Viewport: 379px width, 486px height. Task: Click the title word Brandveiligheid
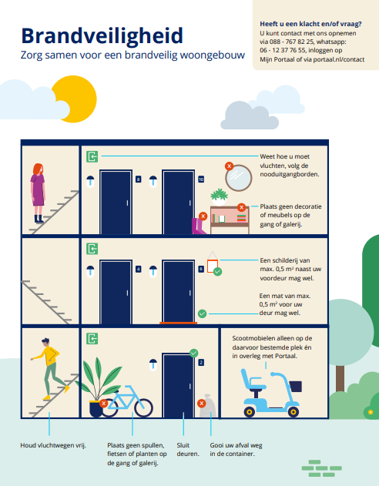pos(102,36)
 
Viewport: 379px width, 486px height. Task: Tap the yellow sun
pos(78,98)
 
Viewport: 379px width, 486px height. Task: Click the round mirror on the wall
pos(239,178)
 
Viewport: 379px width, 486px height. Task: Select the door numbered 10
pos(179,202)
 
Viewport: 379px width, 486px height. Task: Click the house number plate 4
pos(139,269)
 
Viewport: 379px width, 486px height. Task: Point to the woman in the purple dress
pos(38,193)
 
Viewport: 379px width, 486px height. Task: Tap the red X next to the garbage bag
pos(201,404)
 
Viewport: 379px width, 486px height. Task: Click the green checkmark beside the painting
pos(217,272)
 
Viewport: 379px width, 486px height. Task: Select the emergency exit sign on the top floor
pos(92,156)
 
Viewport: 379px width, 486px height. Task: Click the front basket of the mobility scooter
pos(295,386)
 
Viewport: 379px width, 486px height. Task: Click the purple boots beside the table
pos(199,226)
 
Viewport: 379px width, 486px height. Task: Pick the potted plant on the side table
pos(219,197)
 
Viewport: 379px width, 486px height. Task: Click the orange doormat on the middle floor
pos(178,323)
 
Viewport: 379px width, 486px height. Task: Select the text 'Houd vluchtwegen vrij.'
pos(53,445)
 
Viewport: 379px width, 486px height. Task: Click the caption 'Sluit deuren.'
pos(188,450)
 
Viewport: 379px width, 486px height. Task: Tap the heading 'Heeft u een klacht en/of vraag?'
pos(310,24)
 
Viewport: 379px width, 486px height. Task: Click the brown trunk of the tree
pos(340,379)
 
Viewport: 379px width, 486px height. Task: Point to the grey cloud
pos(250,116)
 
